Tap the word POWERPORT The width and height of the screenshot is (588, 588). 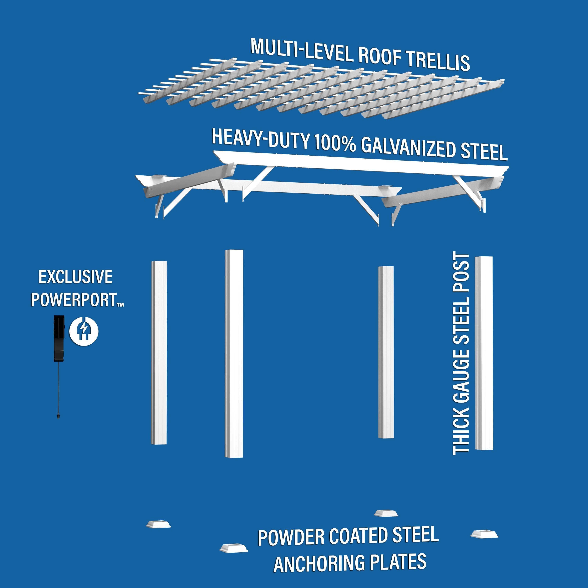[74, 300]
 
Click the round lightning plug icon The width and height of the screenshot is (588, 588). [84, 331]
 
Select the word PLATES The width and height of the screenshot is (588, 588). [398, 562]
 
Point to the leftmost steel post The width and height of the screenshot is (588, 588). [159, 352]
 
